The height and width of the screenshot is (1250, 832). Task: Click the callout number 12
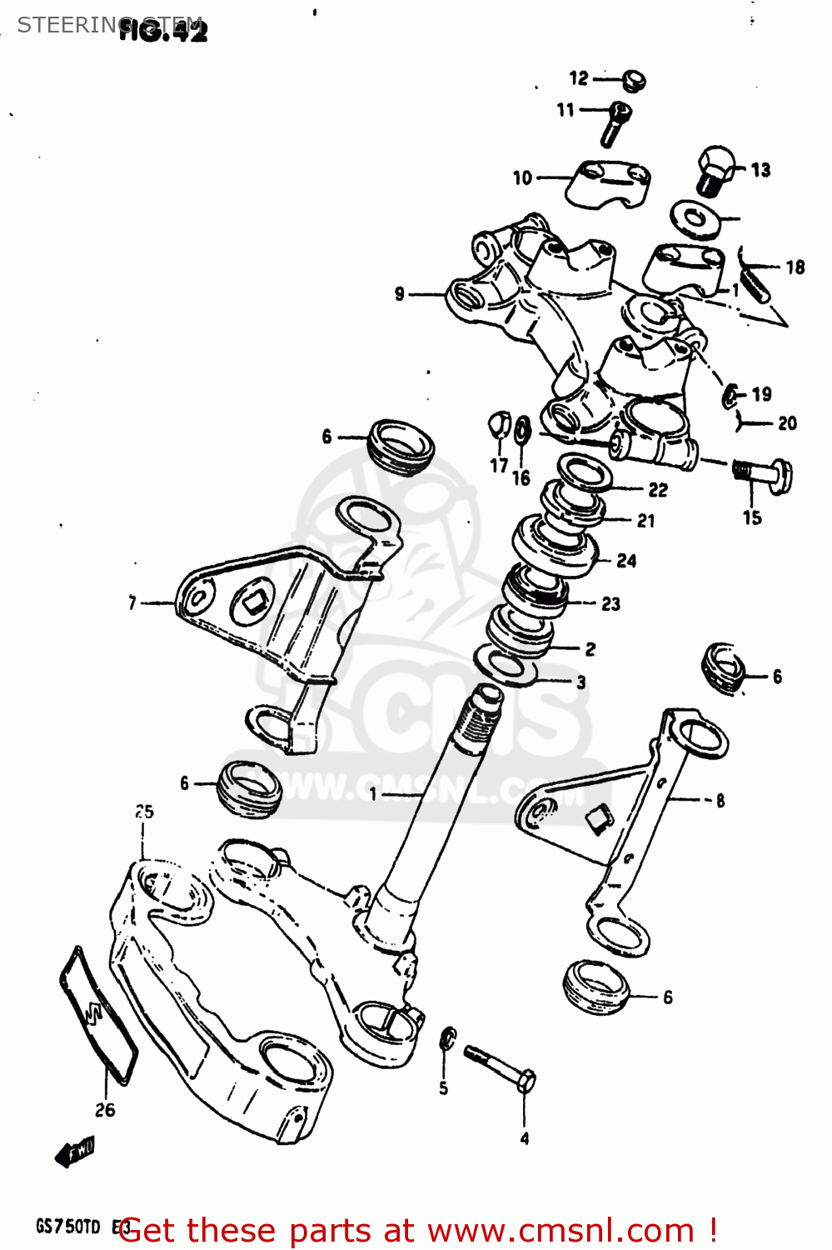click(x=579, y=78)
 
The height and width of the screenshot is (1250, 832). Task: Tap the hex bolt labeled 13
click(x=714, y=170)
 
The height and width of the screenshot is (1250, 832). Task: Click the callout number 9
click(x=400, y=294)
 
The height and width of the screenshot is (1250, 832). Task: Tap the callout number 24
click(x=626, y=561)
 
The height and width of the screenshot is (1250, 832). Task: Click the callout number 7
click(x=132, y=602)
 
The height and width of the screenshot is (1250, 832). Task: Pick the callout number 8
click(x=720, y=801)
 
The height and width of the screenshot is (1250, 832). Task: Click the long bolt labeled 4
click(x=500, y=1067)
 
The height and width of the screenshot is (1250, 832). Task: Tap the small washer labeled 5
click(x=447, y=1037)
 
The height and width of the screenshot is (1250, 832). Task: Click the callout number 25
click(x=144, y=812)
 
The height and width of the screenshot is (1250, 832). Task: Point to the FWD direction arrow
click(x=75, y=1152)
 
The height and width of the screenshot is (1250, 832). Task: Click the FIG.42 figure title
click(x=163, y=31)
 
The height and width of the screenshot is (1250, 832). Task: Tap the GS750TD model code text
click(x=68, y=1227)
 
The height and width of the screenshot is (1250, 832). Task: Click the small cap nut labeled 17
click(x=498, y=424)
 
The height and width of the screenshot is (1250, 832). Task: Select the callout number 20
click(x=787, y=423)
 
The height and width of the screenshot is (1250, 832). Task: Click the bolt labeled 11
click(x=614, y=123)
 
